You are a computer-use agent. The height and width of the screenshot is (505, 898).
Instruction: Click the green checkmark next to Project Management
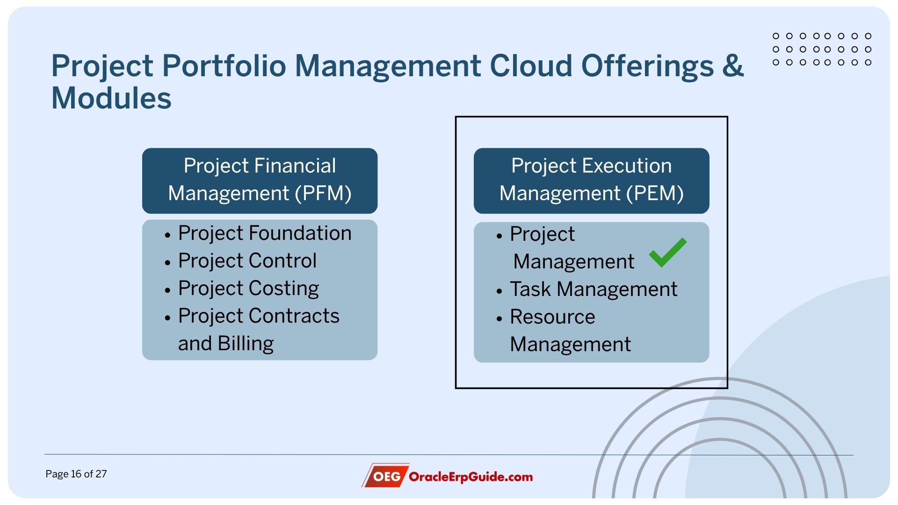(667, 253)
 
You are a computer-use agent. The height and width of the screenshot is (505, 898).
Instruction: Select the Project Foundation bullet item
(264, 233)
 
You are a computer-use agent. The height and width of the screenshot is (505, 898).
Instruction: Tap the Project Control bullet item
(247, 260)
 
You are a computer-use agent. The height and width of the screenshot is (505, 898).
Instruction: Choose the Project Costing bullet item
(248, 288)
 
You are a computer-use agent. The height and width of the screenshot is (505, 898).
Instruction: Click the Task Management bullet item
(593, 289)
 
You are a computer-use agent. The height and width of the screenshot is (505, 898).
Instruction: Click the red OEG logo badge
(386, 476)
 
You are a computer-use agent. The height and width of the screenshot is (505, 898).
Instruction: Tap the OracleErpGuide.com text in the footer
(471, 477)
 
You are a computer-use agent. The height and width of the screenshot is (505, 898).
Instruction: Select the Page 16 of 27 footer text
(76, 474)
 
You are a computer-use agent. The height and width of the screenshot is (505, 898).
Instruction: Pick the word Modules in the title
(111, 98)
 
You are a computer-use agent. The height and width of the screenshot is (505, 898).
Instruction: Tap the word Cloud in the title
(530, 65)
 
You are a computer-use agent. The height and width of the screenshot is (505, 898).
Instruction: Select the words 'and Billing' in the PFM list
(225, 343)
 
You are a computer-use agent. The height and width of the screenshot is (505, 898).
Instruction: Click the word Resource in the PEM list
(552, 317)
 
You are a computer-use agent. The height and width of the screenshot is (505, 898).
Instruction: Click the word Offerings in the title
(647, 65)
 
